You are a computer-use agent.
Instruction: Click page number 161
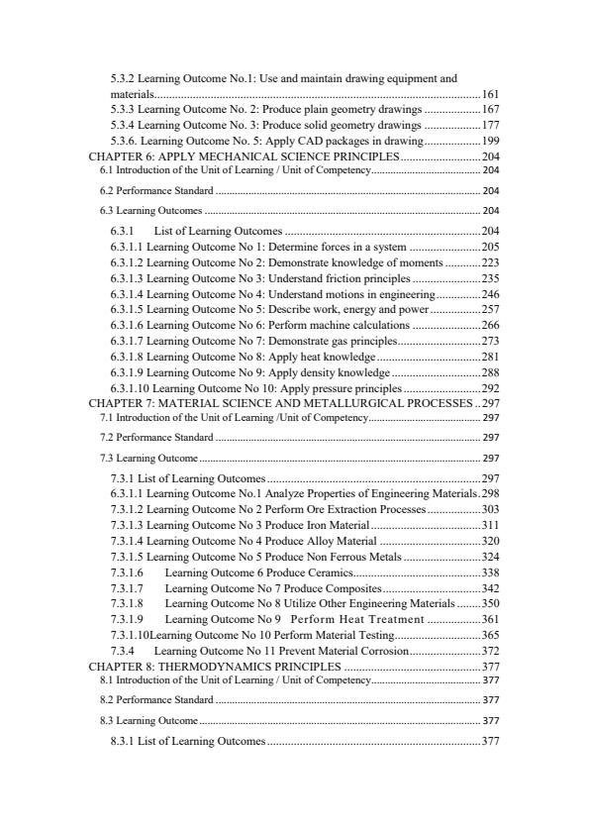[490, 93]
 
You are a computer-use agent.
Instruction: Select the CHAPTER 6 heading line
[244, 157]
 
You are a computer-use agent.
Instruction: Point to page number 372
[490, 651]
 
